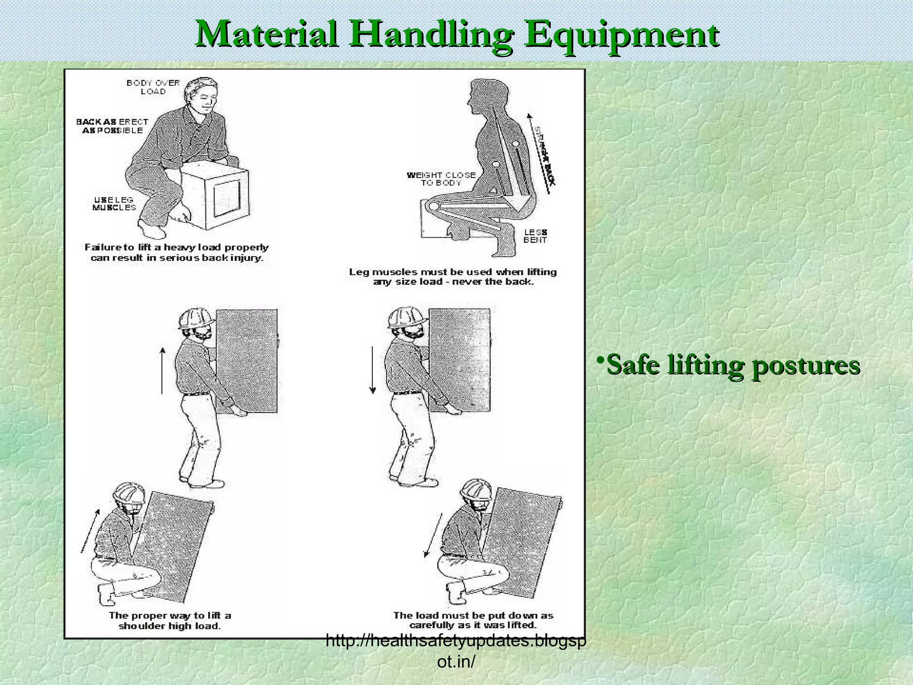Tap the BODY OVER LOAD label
click(x=153, y=87)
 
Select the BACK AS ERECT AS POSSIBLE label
click(x=112, y=126)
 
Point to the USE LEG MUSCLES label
click(x=114, y=203)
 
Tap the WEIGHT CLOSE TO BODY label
click(x=441, y=178)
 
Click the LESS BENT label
click(x=535, y=236)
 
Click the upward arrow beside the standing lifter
click(x=162, y=370)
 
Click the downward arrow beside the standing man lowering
click(x=373, y=370)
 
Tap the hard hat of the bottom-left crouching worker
click(x=128, y=492)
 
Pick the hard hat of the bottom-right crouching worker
click(x=476, y=489)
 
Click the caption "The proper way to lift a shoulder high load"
click(x=170, y=620)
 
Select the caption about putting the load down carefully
click(x=473, y=620)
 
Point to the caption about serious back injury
click(x=177, y=252)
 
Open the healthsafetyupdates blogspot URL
click(x=456, y=651)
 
